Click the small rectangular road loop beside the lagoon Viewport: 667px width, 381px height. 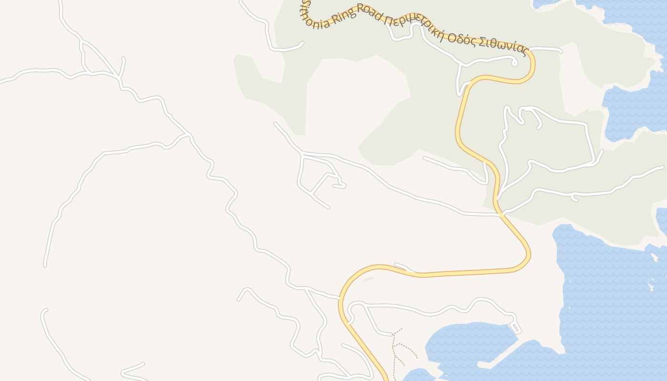pyautogui.click(x=515, y=328)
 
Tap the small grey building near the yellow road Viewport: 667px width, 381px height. pyautogui.click(x=368, y=280)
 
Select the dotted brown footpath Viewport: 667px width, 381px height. pyautogui.click(x=394, y=352)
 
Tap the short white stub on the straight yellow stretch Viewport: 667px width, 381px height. pyautogui.click(x=403, y=267)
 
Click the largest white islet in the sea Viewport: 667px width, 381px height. pyautogui.click(x=651, y=287)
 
